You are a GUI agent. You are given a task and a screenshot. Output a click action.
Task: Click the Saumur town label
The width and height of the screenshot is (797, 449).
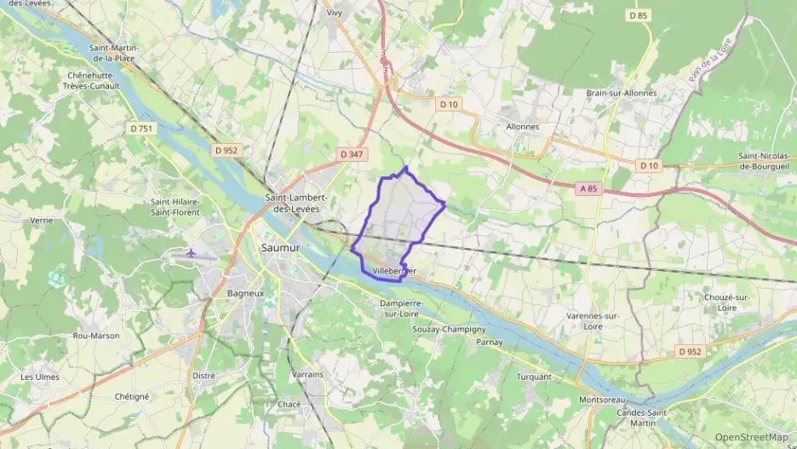tap(281, 248)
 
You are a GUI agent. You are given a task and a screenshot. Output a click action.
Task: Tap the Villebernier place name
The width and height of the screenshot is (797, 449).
tap(394, 271)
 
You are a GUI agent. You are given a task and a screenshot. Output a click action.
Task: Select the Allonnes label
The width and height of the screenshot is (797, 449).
tap(522, 126)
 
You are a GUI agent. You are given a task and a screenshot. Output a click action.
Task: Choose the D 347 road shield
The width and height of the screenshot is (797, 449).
tap(351, 154)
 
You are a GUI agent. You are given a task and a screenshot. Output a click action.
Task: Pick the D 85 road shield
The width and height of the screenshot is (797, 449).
tap(639, 15)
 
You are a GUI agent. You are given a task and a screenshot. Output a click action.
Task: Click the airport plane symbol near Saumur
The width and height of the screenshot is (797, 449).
tap(191, 253)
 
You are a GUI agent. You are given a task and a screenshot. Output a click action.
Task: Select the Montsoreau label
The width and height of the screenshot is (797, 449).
tap(602, 400)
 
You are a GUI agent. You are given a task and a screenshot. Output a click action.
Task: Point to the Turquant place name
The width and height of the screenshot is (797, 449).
tap(534, 376)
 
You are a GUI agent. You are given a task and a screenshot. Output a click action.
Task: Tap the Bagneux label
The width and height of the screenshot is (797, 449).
tap(221, 292)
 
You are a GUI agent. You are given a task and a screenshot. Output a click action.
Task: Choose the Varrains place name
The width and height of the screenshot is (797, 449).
tap(307, 374)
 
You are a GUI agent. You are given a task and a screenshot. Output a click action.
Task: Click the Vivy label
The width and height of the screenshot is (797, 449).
tap(335, 13)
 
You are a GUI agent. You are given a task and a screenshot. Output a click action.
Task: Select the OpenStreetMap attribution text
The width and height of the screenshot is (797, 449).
tap(751, 437)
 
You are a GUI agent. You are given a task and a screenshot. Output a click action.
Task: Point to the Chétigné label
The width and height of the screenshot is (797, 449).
tap(132, 396)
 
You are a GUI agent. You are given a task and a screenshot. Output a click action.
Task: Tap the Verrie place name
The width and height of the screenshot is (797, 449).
tap(42, 220)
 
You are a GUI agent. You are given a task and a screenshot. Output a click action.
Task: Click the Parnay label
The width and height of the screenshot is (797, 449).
tap(490, 342)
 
